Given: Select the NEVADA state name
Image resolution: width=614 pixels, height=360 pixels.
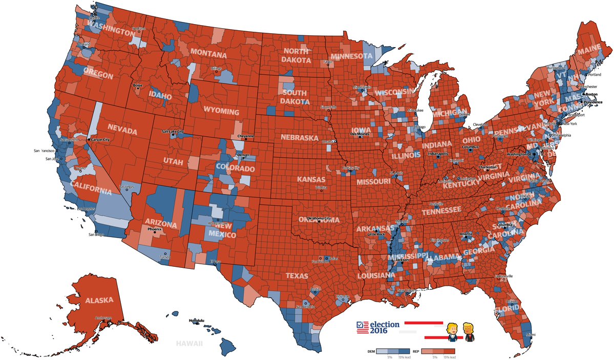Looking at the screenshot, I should click(x=122, y=132).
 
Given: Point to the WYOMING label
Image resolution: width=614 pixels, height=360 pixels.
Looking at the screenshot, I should click(x=221, y=111).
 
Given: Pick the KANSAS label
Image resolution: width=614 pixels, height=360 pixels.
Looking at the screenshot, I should click(x=311, y=179).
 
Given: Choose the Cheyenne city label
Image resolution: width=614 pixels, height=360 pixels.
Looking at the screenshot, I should click(x=246, y=136).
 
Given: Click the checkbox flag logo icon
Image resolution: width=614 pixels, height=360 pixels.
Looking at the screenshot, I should click(x=362, y=328).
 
